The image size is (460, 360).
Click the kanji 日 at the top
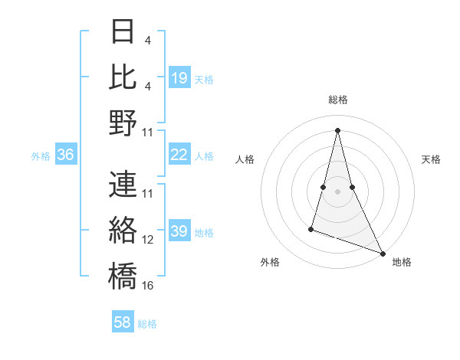[x=123, y=31]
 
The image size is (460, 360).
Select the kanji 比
[x=123, y=77]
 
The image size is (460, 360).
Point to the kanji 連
[x=123, y=185]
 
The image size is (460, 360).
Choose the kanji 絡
[x=123, y=229]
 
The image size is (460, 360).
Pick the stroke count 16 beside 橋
[x=148, y=285]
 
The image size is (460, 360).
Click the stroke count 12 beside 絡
[x=148, y=240]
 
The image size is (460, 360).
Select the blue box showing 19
[x=179, y=77]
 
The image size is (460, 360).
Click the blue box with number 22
[x=179, y=155]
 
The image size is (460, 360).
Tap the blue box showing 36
[x=66, y=155]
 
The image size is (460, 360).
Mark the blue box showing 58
[x=123, y=322]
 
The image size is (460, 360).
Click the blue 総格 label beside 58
[x=147, y=324]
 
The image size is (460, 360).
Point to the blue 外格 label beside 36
[x=41, y=156]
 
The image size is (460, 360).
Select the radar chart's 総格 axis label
[x=337, y=100]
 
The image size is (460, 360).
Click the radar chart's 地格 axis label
[x=402, y=262]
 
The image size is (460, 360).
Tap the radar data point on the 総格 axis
[x=337, y=129]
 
